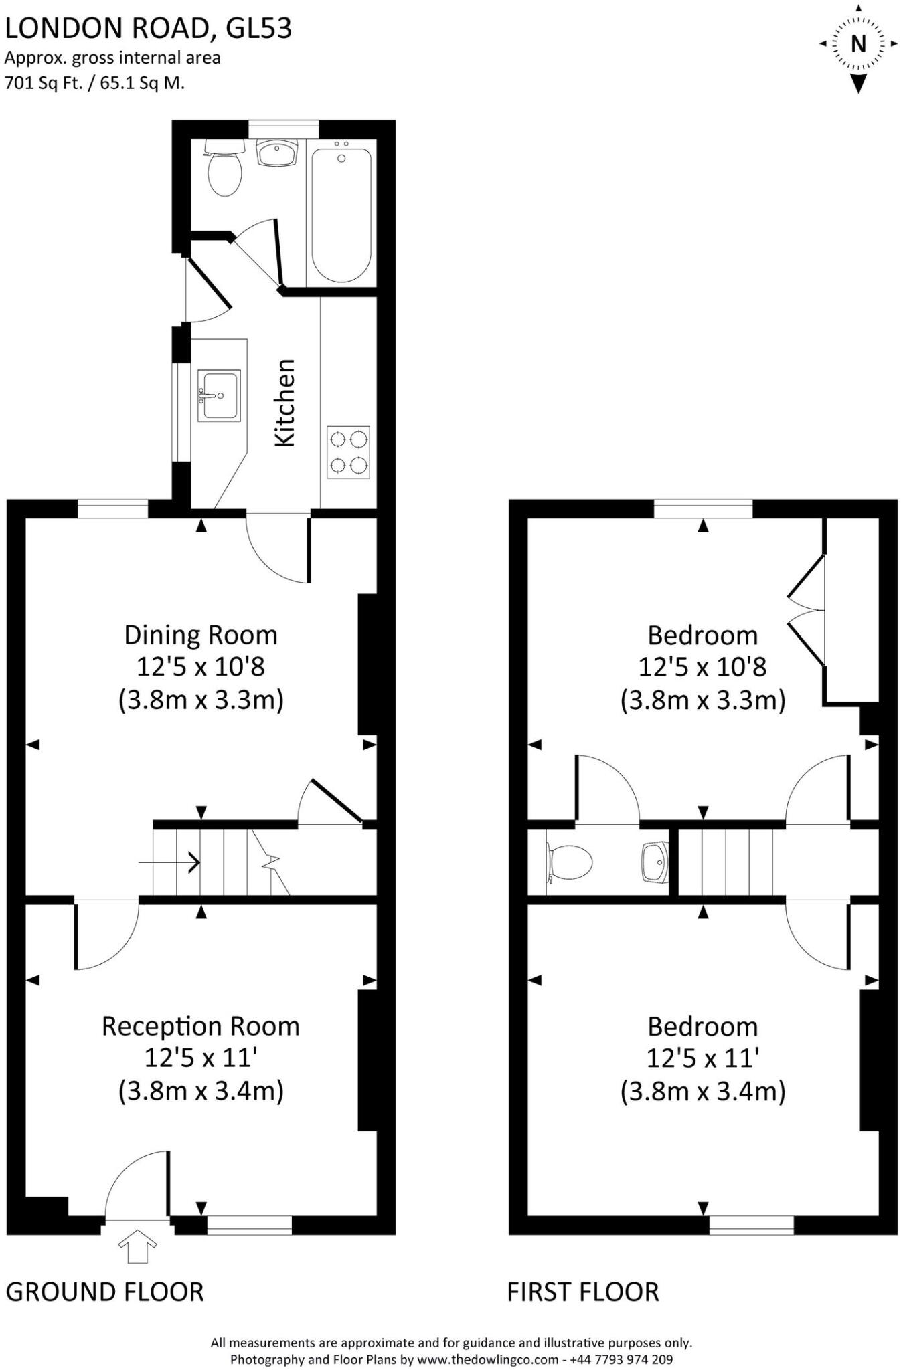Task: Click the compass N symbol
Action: pyautogui.click(x=857, y=44)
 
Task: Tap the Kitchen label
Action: pyautogui.click(x=285, y=403)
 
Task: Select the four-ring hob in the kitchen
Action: pyautogui.click(x=348, y=452)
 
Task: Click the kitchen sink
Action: pyautogui.click(x=218, y=397)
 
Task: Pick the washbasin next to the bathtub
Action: pyautogui.click(x=276, y=153)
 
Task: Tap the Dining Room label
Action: pyautogui.click(x=201, y=635)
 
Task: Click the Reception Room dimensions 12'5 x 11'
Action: pyautogui.click(x=201, y=1058)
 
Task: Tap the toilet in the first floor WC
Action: pyautogui.click(x=570, y=862)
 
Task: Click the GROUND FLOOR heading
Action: pyautogui.click(x=104, y=1292)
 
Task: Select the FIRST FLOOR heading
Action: pyautogui.click(x=582, y=1292)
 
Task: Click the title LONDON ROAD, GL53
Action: pyautogui.click(x=148, y=29)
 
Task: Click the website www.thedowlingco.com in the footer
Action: pyautogui.click(x=488, y=1359)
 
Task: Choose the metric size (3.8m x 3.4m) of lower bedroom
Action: pyautogui.click(x=702, y=1091)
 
